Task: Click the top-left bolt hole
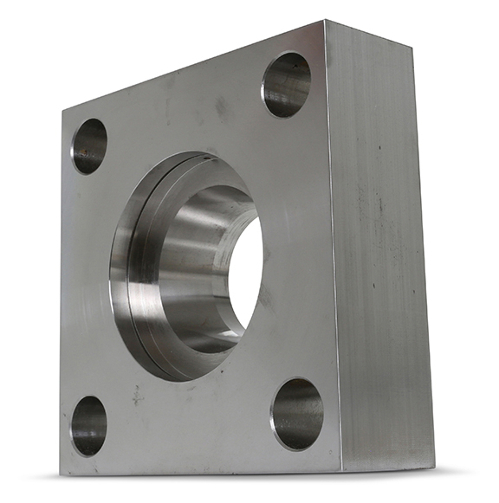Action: click(x=88, y=145)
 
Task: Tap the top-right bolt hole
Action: click(x=287, y=85)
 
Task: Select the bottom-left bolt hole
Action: click(x=88, y=426)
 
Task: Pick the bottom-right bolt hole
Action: click(x=296, y=413)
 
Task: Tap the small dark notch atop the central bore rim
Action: click(x=201, y=158)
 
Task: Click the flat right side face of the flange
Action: click(x=381, y=251)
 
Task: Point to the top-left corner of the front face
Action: click(x=62, y=112)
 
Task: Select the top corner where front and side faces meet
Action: click(x=325, y=22)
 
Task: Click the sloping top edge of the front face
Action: click(x=191, y=68)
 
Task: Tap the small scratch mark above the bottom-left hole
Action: click(x=136, y=395)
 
